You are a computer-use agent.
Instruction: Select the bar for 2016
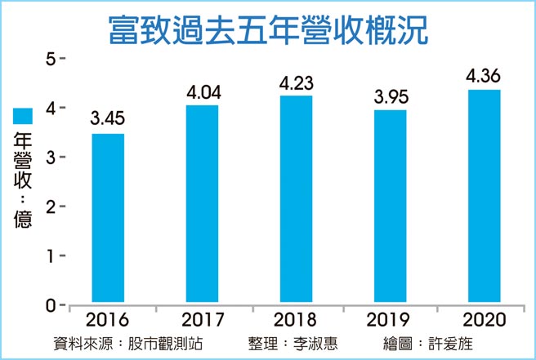[x=108, y=218]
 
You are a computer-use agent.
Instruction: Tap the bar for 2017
[x=202, y=204]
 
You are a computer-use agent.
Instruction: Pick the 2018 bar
[x=296, y=199]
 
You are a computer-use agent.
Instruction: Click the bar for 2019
[x=390, y=207]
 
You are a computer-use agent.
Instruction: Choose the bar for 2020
[x=484, y=196]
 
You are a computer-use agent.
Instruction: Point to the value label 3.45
[x=108, y=120]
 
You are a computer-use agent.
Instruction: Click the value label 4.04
[x=202, y=91]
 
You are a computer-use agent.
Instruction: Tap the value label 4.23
[x=296, y=82]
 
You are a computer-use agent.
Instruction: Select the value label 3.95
[x=390, y=96]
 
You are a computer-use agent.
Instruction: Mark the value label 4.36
[x=484, y=76]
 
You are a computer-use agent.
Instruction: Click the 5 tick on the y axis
[x=51, y=59]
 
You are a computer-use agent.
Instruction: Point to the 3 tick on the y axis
[x=51, y=157]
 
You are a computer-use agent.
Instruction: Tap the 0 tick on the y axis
[x=51, y=304]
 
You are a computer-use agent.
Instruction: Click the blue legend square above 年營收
[x=22, y=115]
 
